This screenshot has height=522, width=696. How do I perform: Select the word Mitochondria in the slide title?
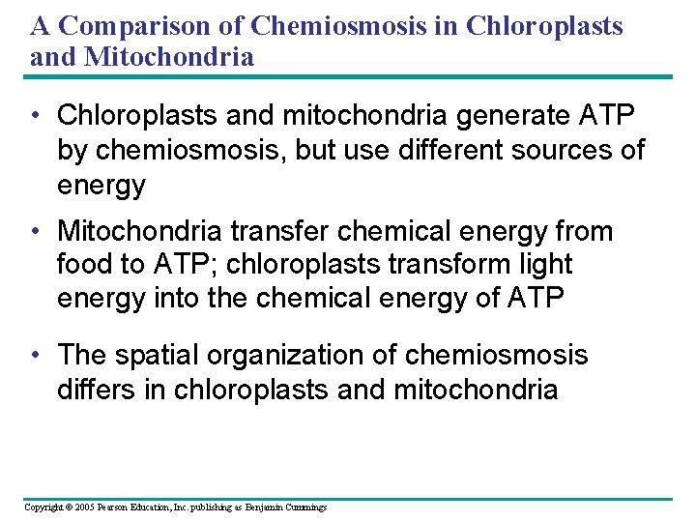tap(170, 56)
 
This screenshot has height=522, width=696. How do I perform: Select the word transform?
tap(465, 265)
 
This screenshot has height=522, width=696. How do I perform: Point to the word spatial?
tap(159, 356)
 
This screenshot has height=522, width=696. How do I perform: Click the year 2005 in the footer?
tap(83, 507)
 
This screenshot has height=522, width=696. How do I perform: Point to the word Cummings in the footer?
tap(304, 507)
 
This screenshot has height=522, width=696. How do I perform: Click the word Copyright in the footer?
tap(43, 507)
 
